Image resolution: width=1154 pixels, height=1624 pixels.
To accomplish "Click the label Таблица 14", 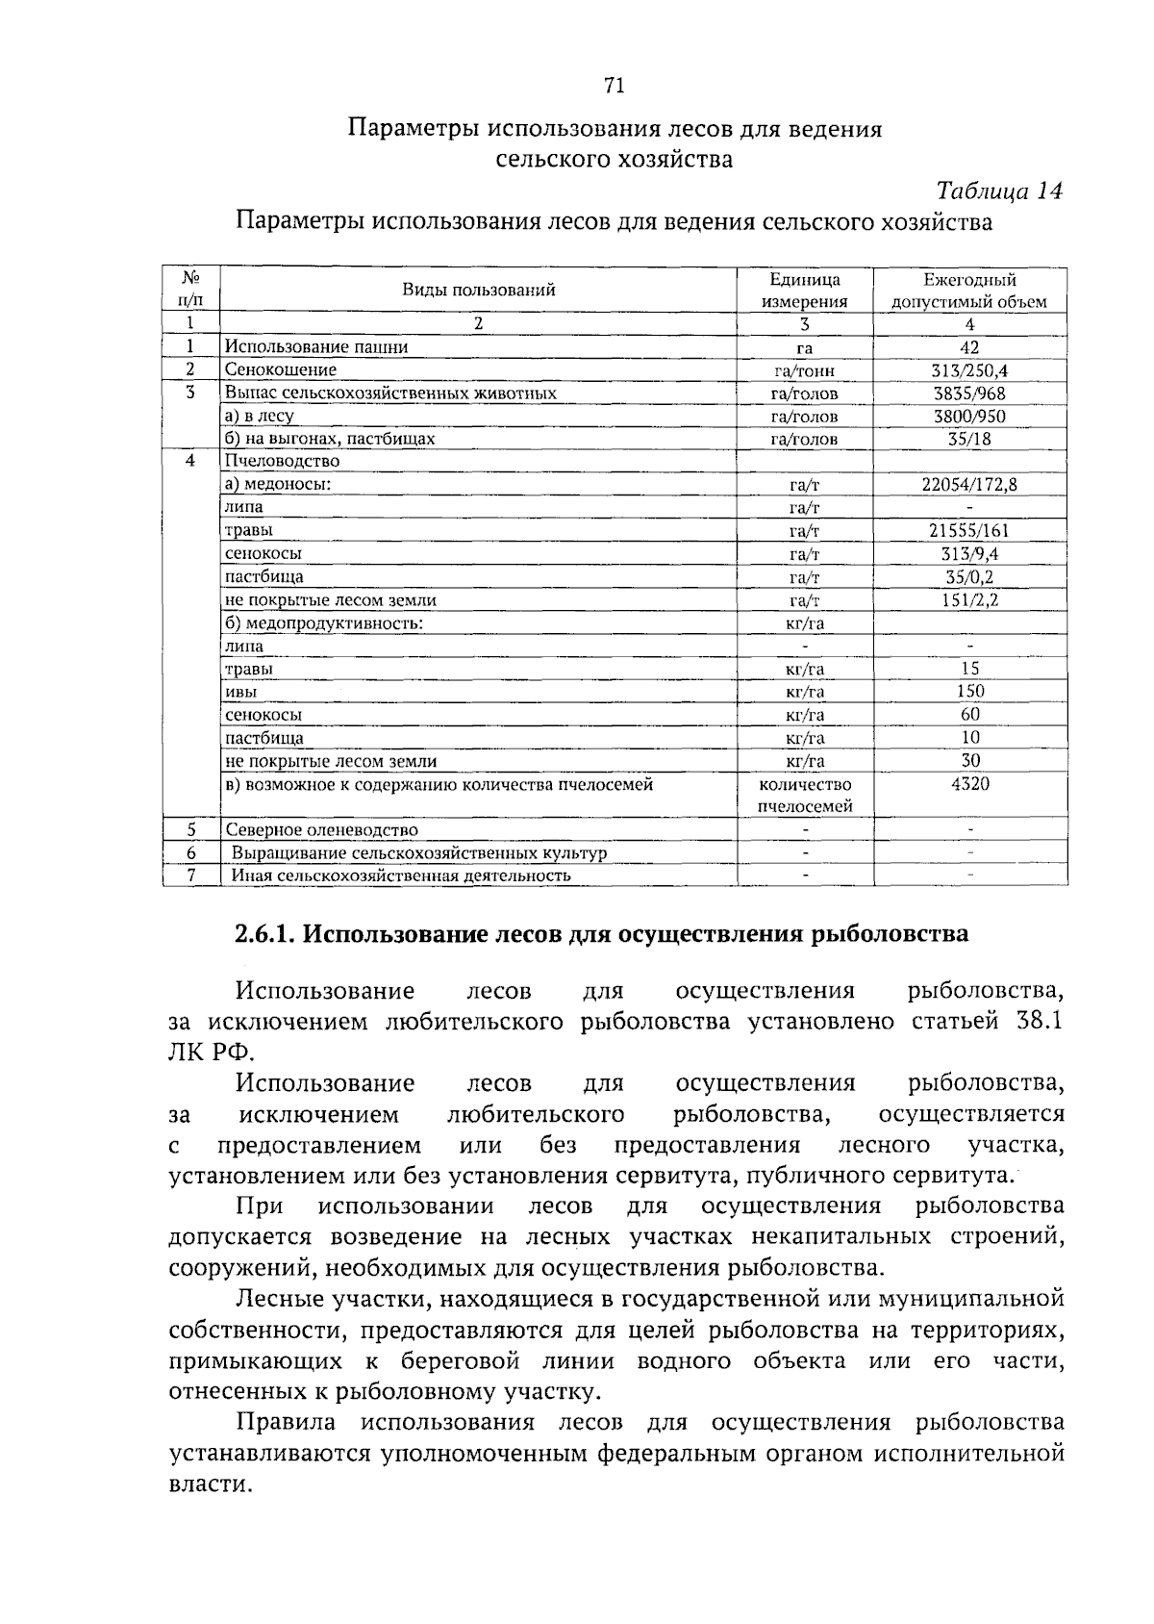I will (x=999, y=190).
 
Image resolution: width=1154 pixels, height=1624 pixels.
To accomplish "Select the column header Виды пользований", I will (x=478, y=290).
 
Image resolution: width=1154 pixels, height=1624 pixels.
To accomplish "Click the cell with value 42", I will (x=969, y=347).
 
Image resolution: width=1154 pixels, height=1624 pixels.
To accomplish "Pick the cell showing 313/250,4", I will (x=969, y=370).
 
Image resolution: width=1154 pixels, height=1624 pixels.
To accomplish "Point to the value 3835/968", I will (x=969, y=393).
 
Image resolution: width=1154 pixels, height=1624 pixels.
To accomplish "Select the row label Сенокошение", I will (x=280, y=370).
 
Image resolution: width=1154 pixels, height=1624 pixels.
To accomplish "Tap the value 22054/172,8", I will (x=969, y=485).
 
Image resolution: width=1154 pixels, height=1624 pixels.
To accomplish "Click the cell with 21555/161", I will (x=969, y=531).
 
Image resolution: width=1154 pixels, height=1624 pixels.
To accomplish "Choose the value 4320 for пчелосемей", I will (x=969, y=784).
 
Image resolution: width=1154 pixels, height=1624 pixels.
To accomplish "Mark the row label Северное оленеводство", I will (x=321, y=830).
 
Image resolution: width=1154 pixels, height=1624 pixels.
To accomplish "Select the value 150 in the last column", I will (x=969, y=692).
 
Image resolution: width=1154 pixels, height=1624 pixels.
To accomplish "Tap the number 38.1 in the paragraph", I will (x=1038, y=1022).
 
